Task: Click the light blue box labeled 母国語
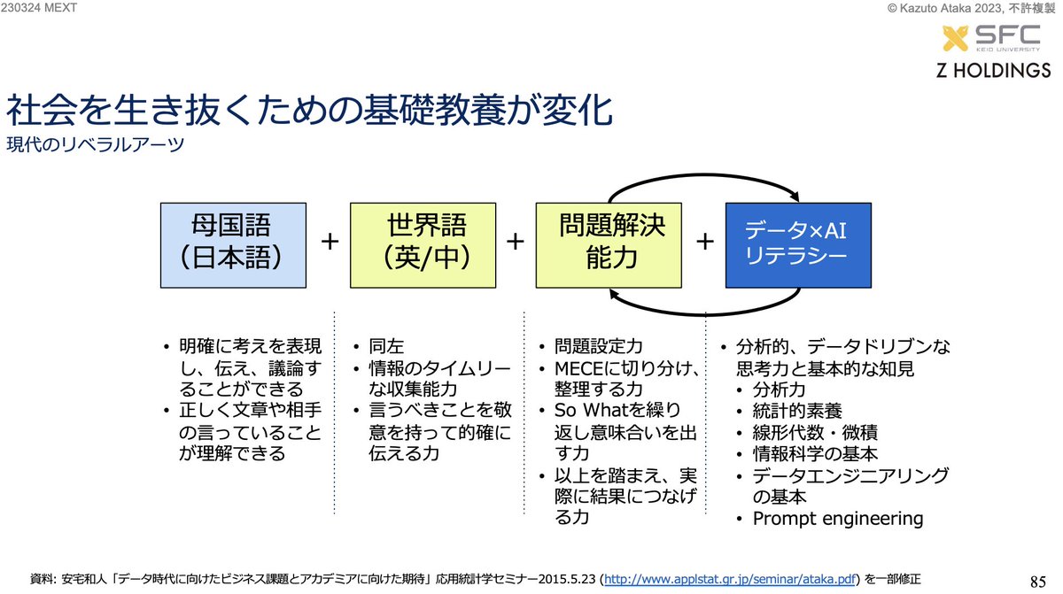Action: pyautogui.click(x=234, y=245)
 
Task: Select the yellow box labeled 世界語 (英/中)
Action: pyautogui.click(x=423, y=245)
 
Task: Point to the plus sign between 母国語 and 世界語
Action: pyautogui.click(x=329, y=241)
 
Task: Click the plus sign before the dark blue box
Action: pyautogui.click(x=705, y=241)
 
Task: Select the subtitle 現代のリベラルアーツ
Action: pyautogui.click(x=95, y=144)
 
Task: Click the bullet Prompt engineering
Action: pyautogui.click(x=837, y=519)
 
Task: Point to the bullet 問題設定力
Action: pyautogui.click(x=601, y=347)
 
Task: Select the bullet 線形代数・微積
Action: pyautogui.click(x=803, y=432)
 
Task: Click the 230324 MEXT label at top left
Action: pyautogui.click(x=39, y=9)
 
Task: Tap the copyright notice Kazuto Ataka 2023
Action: pyautogui.click(x=957, y=9)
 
